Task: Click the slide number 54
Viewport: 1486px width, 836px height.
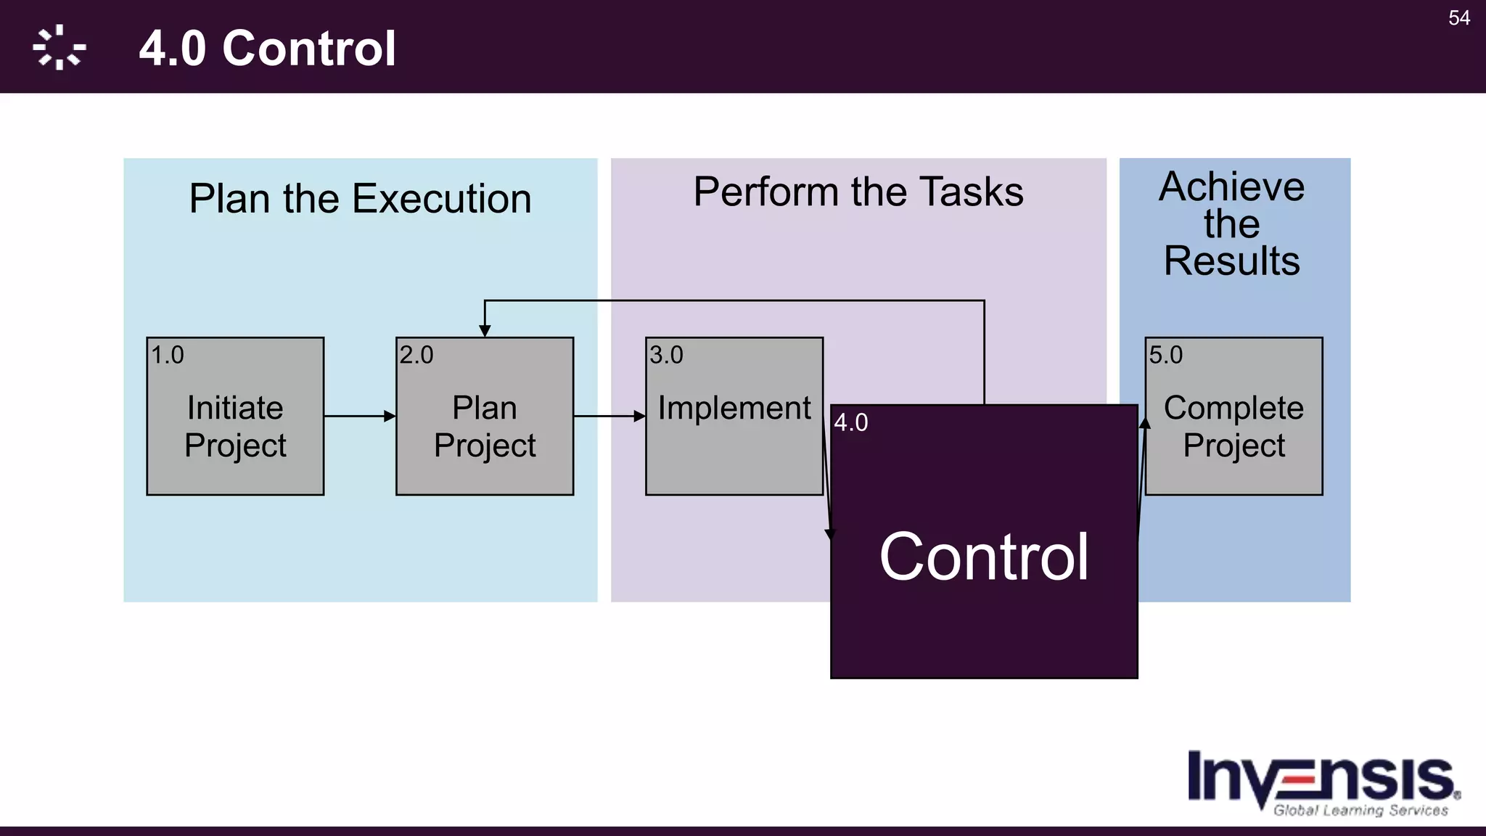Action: pyautogui.click(x=1459, y=18)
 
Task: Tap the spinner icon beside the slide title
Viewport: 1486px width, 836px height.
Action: pyautogui.click(x=59, y=48)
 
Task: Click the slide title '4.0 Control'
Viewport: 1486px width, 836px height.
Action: pyautogui.click(x=267, y=49)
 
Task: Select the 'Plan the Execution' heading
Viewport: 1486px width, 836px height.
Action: pyautogui.click(x=360, y=199)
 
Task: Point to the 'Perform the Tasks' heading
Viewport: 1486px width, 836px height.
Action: pyautogui.click(x=858, y=192)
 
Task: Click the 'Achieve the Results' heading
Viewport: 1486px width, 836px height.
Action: pyautogui.click(x=1232, y=224)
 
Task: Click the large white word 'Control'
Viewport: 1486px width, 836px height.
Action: pyautogui.click(x=984, y=557)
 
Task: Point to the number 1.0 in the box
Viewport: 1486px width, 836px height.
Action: pyautogui.click(x=167, y=355)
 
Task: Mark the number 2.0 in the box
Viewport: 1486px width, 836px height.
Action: pyautogui.click(x=416, y=355)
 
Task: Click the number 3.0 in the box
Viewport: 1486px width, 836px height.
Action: pyautogui.click(x=666, y=355)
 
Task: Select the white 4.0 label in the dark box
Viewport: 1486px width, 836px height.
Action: pyautogui.click(x=851, y=422)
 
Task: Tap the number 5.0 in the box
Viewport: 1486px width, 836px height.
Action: pyautogui.click(x=1165, y=355)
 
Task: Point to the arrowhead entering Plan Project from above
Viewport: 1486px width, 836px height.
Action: pyautogui.click(x=485, y=331)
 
